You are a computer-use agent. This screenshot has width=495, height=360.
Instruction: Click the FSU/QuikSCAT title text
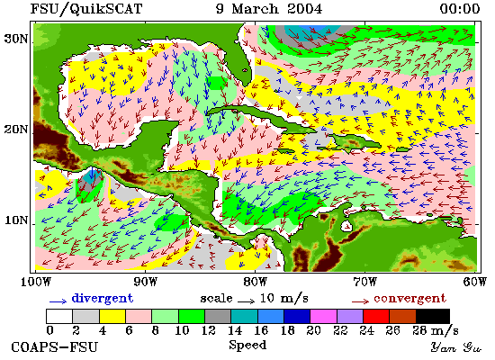coord(86,8)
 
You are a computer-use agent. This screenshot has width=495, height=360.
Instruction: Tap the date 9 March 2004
coord(269,8)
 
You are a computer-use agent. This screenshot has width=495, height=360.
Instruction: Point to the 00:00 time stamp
coord(460,8)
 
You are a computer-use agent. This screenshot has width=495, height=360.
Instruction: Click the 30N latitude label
coord(16,39)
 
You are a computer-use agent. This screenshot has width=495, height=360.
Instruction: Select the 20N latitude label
coord(16,130)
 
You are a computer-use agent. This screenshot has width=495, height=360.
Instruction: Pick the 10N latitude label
coord(16,220)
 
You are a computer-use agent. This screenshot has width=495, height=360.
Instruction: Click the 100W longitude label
coord(35,282)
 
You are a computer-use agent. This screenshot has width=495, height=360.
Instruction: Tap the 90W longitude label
coord(145,282)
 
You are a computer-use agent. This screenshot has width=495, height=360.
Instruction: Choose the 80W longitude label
coord(255,282)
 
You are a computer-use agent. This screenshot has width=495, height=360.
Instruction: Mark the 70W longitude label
coord(364,282)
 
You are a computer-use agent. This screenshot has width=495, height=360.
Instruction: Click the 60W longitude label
coord(475,282)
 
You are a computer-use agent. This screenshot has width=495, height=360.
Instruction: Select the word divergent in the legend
coord(103,299)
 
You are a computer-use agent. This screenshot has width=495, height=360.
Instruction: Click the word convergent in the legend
coord(409,299)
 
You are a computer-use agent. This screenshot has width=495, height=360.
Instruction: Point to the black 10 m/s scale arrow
coord(247,301)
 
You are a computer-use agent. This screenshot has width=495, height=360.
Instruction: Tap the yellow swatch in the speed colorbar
coord(112,316)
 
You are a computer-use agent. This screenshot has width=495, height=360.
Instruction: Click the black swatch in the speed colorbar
coord(433,316)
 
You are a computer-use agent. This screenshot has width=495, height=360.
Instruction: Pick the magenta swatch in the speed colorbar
coord(323,316)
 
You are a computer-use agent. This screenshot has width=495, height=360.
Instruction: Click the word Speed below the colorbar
coord(247,346)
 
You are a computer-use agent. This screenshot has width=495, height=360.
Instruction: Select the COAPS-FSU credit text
coord(54,347)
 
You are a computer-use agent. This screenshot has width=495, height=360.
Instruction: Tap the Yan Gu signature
coord(456,347)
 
